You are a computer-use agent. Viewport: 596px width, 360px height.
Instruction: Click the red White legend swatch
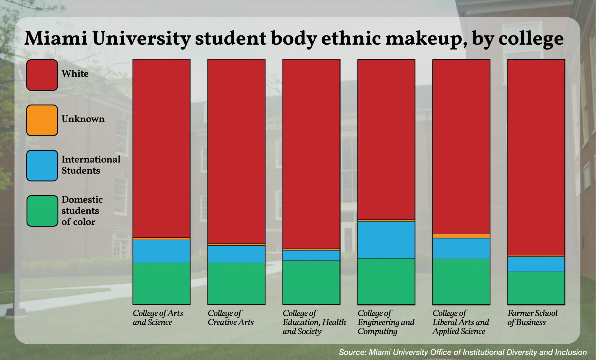42,75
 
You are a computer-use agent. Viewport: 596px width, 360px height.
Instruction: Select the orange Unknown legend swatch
42,120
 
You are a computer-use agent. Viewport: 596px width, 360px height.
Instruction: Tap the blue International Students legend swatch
42,166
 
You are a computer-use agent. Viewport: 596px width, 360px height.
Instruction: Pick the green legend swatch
42,211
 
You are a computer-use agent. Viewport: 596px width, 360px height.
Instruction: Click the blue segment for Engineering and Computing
386,240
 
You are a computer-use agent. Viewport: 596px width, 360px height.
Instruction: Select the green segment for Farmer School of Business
536,288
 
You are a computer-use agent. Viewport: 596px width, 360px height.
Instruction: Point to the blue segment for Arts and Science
162,251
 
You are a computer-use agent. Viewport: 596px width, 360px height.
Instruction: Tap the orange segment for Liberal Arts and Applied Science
461,236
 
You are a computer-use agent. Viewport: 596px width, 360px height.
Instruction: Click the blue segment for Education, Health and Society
311,255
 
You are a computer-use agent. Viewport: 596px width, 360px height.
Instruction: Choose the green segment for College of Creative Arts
236,283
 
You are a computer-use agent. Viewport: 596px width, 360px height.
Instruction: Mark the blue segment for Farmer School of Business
536,264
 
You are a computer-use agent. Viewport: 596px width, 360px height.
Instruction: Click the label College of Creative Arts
231,318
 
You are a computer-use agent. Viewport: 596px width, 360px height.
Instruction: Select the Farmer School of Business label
532,318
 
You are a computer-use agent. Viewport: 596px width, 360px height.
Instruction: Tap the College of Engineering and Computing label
386,322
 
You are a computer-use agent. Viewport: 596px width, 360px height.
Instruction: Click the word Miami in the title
56,39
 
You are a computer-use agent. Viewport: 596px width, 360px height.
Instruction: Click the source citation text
462,353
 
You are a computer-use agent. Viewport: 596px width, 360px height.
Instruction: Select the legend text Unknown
83,119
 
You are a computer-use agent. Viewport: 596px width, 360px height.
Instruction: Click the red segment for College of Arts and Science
162,148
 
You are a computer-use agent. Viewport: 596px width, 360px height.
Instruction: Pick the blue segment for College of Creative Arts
236,254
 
